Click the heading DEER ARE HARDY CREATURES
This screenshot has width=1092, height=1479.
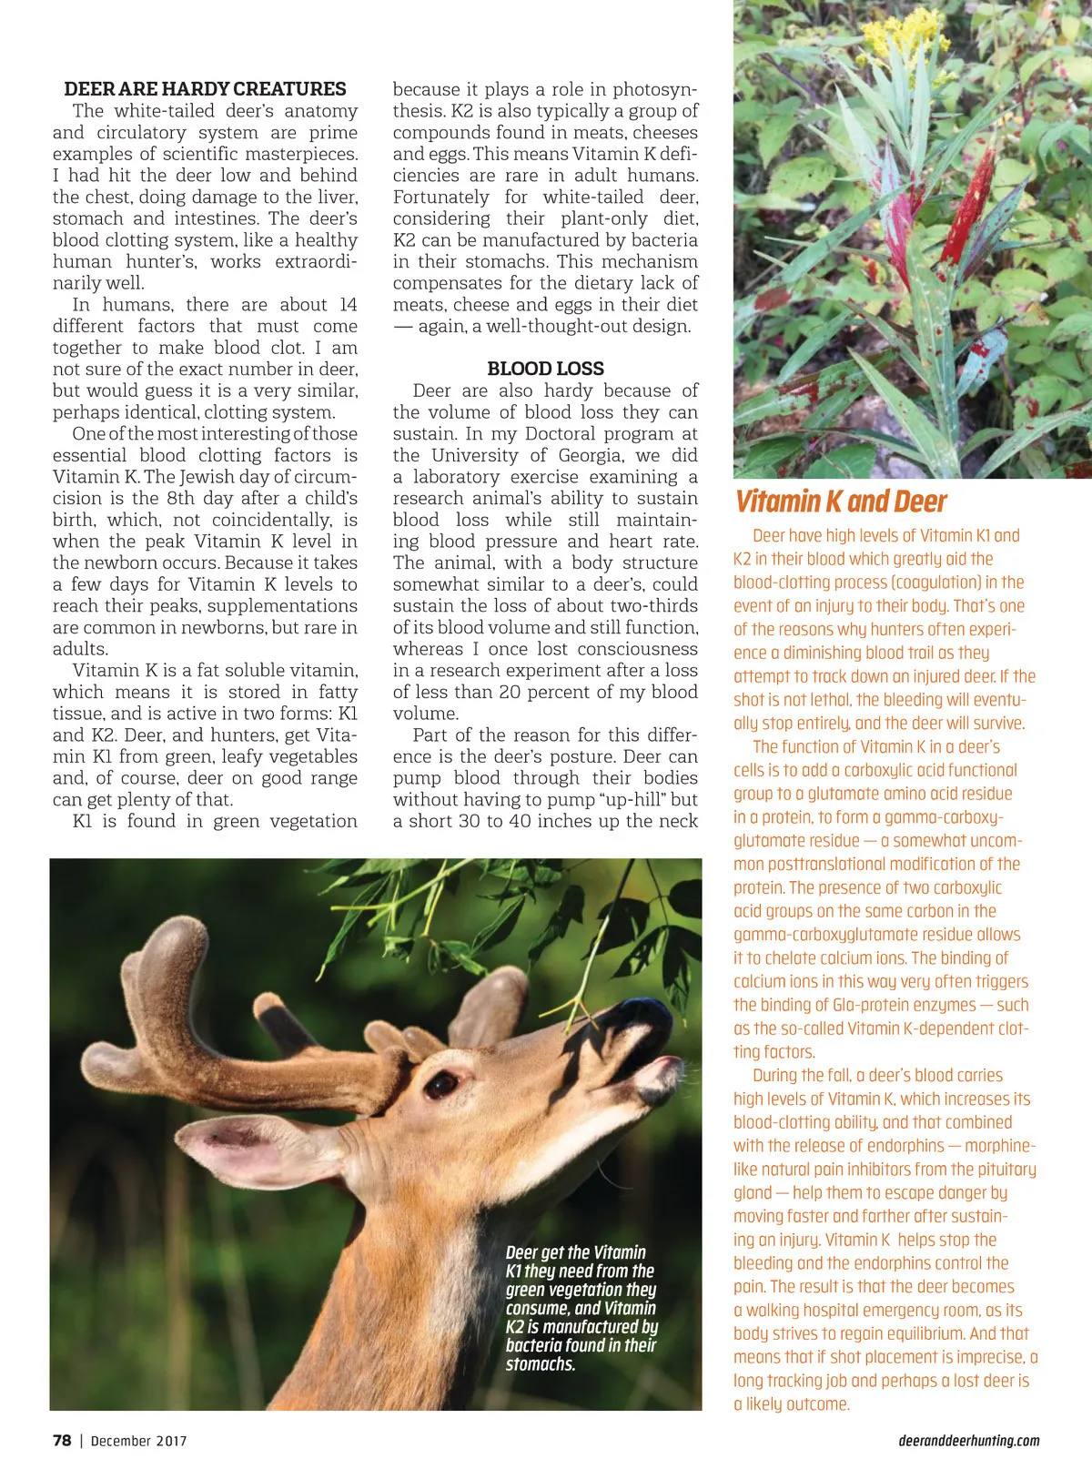coord(205,89)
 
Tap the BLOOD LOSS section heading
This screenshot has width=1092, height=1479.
coord(545,369)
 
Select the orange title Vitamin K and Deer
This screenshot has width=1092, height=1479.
coord(841,501)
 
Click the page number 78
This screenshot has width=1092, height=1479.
coord(62,1440)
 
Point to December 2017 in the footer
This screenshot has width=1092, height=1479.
coord(138,1441)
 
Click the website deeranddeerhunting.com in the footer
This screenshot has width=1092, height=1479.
coord(968,1441)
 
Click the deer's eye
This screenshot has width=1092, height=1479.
coord(443,1083)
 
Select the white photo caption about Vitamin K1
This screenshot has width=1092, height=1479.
coord(581,1308)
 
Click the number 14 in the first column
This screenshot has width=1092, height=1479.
coord(348,305)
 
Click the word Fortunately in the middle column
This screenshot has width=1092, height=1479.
coord(441,198)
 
